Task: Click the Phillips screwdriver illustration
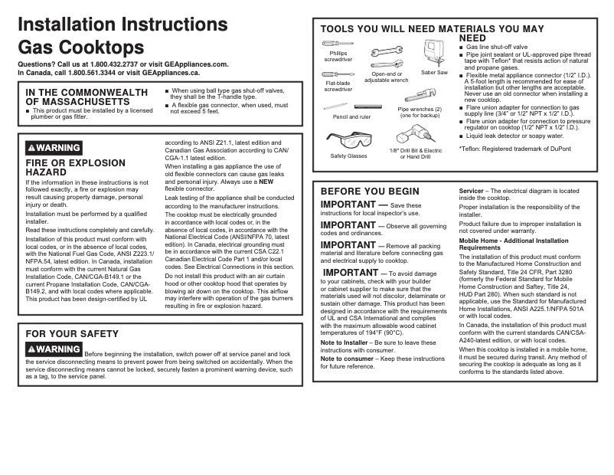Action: coord(338,44)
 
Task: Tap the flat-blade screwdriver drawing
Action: coord(338,74)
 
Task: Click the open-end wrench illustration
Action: coord(386,54)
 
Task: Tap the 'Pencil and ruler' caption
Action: coord(351,117)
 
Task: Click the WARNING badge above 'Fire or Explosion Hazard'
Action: coord(54,148)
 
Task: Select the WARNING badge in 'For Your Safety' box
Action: coord(54,349)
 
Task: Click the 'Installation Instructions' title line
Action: coord(122,25)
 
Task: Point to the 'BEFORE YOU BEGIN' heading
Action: coord(370,192)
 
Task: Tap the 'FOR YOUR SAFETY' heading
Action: coord(72,334)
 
